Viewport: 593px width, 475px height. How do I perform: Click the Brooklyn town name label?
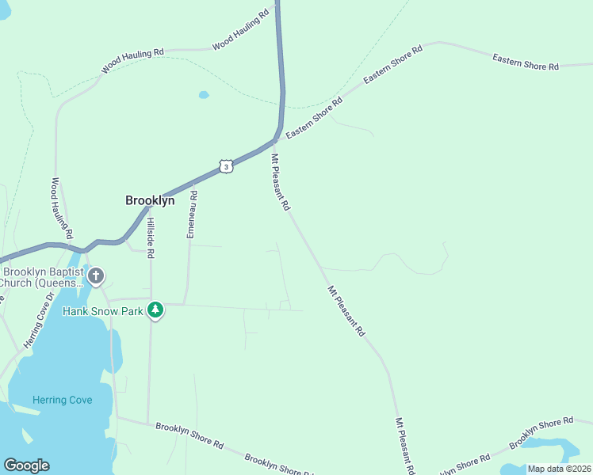(x=150, y=201)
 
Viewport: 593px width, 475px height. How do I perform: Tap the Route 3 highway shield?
(x=227, y=166)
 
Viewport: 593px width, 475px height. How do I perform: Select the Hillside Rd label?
(x=150, y=237)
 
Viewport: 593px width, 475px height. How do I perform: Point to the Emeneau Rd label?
(x=191, y=215)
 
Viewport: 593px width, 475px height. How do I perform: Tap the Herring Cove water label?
(x=63, y=400)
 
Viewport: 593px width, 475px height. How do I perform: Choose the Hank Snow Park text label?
(x=103, y=311)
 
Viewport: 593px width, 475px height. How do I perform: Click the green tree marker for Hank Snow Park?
(x=156, y=310)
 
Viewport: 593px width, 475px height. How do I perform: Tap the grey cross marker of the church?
(x=96, y=277)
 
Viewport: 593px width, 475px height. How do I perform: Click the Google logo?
(x=26, y=465)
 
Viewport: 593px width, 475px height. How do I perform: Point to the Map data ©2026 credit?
(x=559, y=469)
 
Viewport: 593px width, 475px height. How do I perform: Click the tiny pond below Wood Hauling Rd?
(x=204, y=95)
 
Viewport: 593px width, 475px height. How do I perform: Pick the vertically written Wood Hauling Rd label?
(x=63, y=208)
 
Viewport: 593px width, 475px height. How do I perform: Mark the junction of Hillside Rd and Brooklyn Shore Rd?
(x=148, y=422)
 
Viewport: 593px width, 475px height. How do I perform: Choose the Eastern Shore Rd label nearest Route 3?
(x=314, y=119)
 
